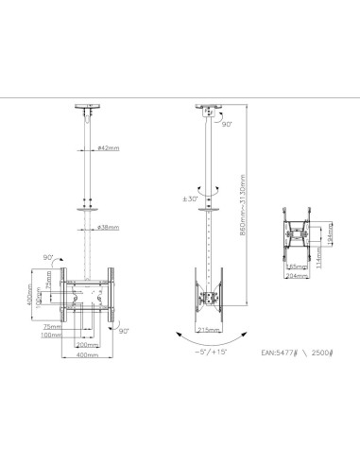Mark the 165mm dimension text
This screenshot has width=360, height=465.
pyautogui.click(x=294, y=267)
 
